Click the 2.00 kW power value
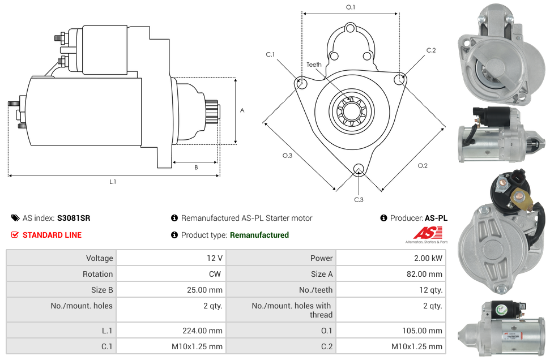pos(430,258)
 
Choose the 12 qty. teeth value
pos(431,290)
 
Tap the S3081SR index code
pos(73,218)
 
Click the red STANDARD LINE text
pos(52,235)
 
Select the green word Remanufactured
pos(259,235)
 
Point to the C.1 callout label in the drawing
pos(270,54)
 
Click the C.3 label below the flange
pos(359,199)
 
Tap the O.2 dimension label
pos(423,166)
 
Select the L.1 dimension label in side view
pos(112,182)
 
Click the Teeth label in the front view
pos(314,65)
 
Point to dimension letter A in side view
pos(242,110)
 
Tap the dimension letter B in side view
pos(195,168)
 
